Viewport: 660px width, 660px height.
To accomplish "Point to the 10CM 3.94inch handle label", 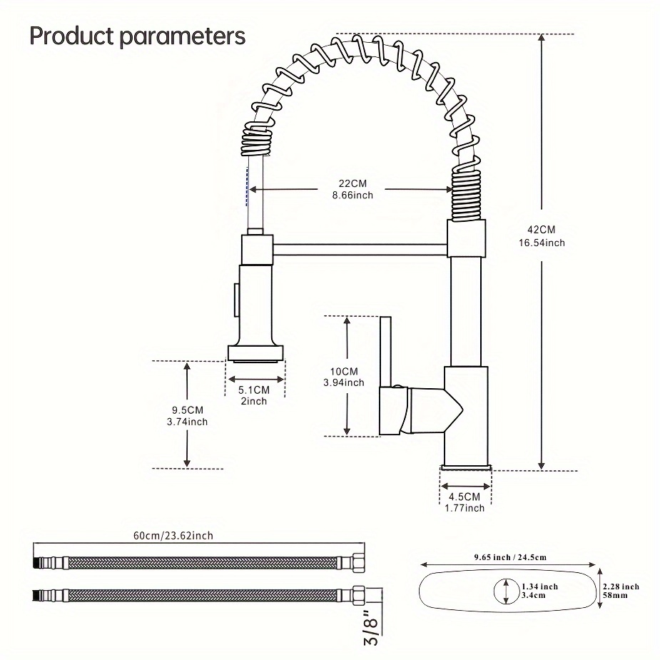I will (x=344, y=377).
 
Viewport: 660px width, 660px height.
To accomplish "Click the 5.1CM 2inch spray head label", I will (x=253, y=395).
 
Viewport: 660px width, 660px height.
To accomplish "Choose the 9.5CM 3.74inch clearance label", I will (x=188, y=415).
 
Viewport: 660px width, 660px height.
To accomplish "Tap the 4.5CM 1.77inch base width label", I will (x=464, y=502).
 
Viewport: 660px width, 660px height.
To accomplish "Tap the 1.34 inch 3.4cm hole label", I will (x=539, y=590).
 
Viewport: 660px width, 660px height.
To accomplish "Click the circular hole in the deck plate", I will (x=505, y=590).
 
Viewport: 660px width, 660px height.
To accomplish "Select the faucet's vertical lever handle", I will (x=385, y=350).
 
